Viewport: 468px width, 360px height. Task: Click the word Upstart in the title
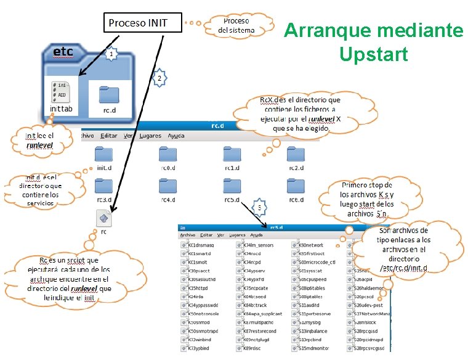(x=373, y=54)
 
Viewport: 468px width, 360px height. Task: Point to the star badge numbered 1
(x=110, y=55)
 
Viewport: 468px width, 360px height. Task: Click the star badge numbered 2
(x=159, y=78)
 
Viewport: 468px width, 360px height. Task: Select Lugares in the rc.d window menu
(x=150, y=136)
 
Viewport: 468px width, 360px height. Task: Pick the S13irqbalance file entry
(x=318, y=331)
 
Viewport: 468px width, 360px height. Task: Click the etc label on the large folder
(x=63, y=52)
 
